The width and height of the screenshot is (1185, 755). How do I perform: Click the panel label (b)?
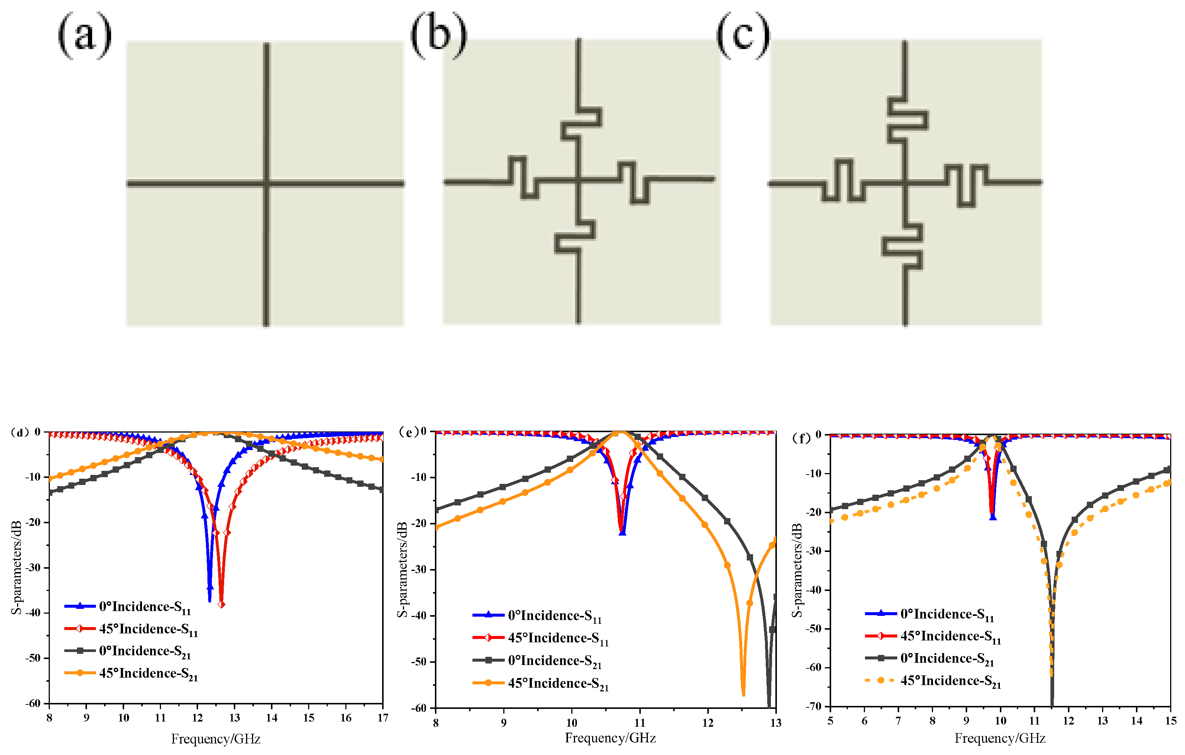[x=438, y=35]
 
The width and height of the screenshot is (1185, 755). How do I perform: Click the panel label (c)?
[x=743, y=35]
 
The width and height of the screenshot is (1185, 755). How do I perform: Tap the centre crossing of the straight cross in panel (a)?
[x=266, y=184]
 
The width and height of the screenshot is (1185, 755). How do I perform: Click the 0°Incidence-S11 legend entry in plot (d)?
[x=128, y=607]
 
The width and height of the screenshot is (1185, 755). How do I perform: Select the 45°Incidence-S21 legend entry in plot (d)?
[x=131, y=674]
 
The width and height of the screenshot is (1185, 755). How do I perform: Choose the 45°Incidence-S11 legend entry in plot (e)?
[x=541, y=638]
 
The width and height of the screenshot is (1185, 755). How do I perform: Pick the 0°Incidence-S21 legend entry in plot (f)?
[x=930, y=658]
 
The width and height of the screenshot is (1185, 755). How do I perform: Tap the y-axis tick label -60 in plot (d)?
[x=33, y=703]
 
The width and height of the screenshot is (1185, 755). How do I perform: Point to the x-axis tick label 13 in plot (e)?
[x=775, y=723]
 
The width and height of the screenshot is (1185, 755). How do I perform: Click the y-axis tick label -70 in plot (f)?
[x=814, y=706]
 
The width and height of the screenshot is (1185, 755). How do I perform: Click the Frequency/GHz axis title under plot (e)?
[x=610, y=738]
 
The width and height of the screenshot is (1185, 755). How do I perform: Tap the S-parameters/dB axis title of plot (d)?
[x=16, y=567]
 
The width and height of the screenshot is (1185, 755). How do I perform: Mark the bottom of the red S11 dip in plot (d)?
[x=222, y=605]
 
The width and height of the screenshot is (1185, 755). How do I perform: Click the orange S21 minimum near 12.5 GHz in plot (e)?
[x=743, y=694]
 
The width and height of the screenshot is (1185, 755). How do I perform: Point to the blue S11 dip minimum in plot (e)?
[x=623, y=533]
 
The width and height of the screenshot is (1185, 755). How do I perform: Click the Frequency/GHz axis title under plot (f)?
[x=1000, y=738]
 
